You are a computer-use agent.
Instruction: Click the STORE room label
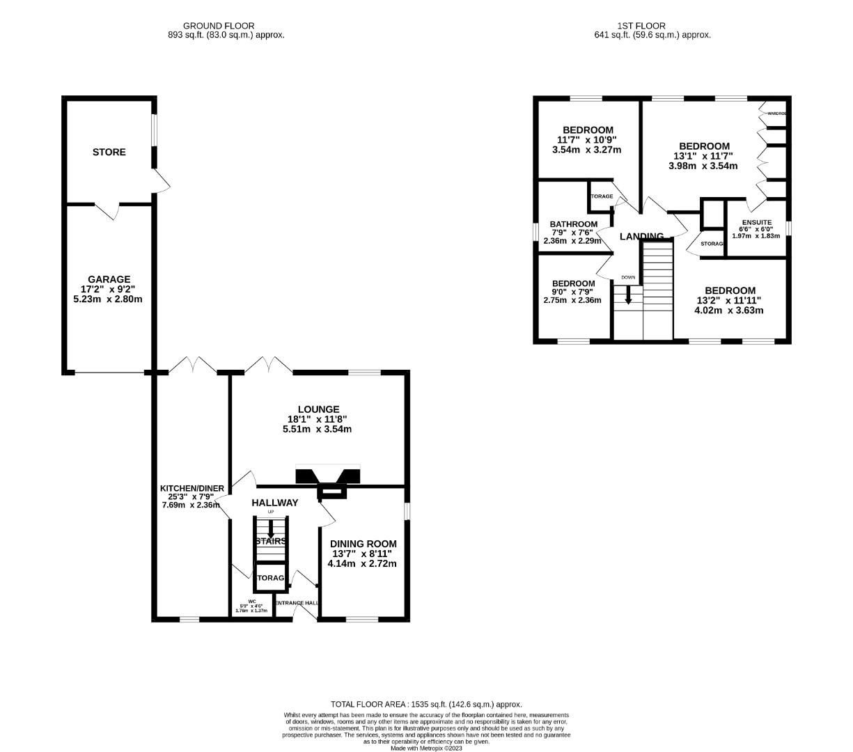tap(109, 152)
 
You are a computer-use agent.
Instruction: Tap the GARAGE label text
tap(109, 279)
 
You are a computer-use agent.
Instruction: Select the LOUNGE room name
tap(318, 409)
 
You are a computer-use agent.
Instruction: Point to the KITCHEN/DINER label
tap(192, 489)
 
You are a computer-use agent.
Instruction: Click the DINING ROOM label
tap(363, 544)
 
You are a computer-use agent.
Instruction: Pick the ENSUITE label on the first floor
tap(756, 222)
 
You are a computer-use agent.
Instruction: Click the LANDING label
tap(641, 237)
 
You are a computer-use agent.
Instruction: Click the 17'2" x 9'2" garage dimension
tap(109, 290)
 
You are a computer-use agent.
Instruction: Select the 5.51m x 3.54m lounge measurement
tap(317, 430)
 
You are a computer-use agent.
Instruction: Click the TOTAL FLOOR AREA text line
tap(426, 705)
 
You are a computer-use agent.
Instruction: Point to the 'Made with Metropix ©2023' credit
tap(426, 749)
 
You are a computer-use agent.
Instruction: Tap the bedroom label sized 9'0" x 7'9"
tap(573, 283)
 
